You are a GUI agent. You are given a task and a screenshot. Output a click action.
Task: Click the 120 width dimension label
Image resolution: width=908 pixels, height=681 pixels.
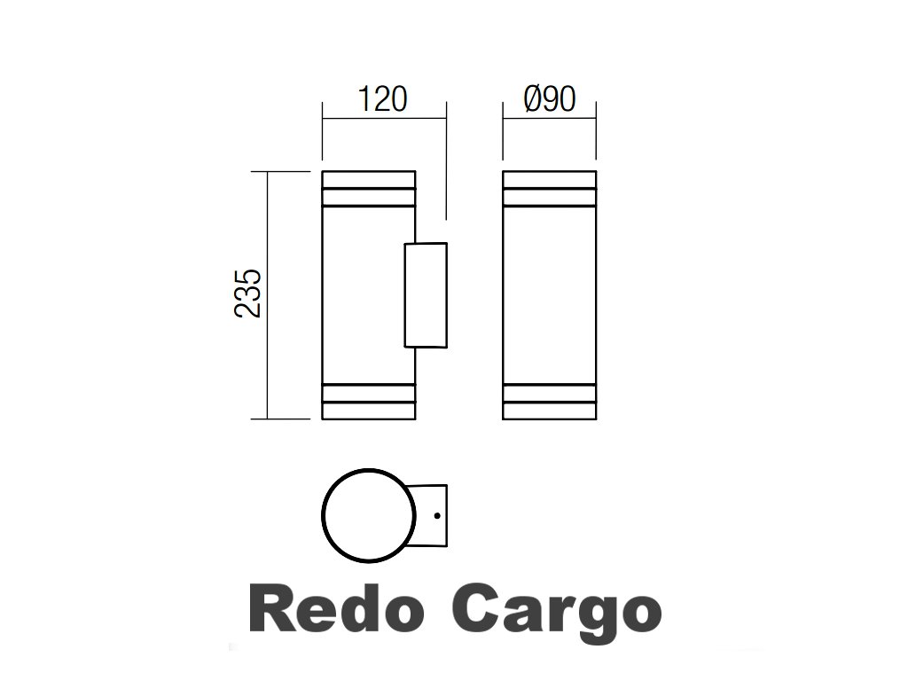382,99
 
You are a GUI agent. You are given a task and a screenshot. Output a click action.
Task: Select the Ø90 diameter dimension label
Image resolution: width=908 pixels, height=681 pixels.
550,99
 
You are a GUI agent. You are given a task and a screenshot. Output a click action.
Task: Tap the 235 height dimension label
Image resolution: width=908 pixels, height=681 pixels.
248,294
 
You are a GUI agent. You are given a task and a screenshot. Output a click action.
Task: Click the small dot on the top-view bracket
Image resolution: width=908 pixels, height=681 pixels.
438,514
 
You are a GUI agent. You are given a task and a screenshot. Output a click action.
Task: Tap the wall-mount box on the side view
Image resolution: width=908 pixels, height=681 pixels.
426,294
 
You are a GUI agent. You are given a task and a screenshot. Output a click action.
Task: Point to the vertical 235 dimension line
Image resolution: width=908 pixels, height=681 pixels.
268,294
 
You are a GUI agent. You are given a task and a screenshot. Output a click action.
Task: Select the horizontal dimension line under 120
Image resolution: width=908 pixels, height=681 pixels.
383,116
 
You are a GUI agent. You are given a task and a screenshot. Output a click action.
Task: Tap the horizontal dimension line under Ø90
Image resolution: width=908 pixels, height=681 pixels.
550,116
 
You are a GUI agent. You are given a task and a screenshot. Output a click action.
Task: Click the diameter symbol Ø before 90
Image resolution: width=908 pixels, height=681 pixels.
532,99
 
